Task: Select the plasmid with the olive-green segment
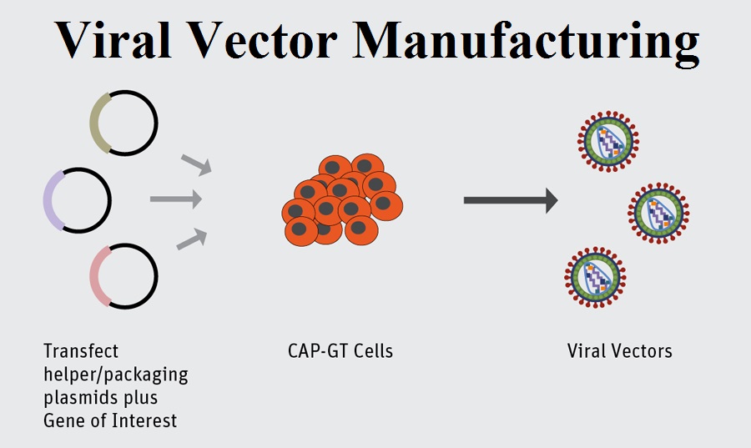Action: tap(123, 122)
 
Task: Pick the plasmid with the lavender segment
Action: tap(77, 199)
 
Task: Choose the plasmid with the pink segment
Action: tap(123, 276)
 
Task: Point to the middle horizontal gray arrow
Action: tap(176, 199)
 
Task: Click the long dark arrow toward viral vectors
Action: tap(510, 199)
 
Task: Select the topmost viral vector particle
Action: tap(607, 139)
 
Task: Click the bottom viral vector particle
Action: tap(595, 277)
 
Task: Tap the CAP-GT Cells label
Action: tap(340, 350)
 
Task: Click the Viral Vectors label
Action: tap(619, 350)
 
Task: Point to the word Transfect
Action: tap(81, 350)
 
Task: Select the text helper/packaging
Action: tap(116, 373)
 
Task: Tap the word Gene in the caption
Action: tap(63, 420)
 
